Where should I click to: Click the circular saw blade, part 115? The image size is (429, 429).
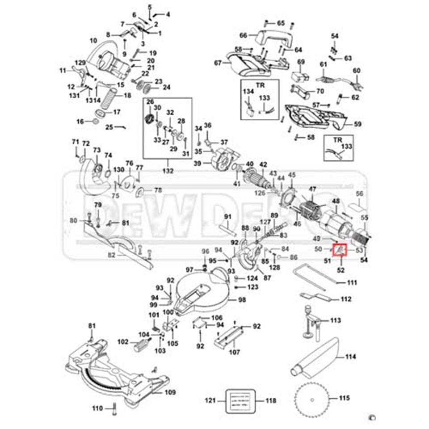313,398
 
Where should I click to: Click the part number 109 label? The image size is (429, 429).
170,393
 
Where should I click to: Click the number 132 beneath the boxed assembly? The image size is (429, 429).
168,171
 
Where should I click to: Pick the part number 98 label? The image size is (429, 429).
242,300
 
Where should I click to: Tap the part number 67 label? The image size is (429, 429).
218,63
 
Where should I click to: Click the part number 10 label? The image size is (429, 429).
93,41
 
